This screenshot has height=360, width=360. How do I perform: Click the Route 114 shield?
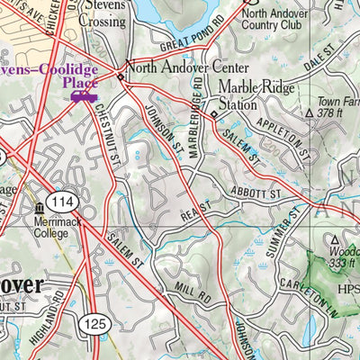(65, 202)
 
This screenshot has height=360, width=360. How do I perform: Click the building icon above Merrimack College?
(39, 209)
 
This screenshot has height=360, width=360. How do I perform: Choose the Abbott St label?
(257, 192)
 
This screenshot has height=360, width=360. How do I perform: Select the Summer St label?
(292, 225)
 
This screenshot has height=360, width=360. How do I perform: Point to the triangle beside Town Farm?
(310, 114)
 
